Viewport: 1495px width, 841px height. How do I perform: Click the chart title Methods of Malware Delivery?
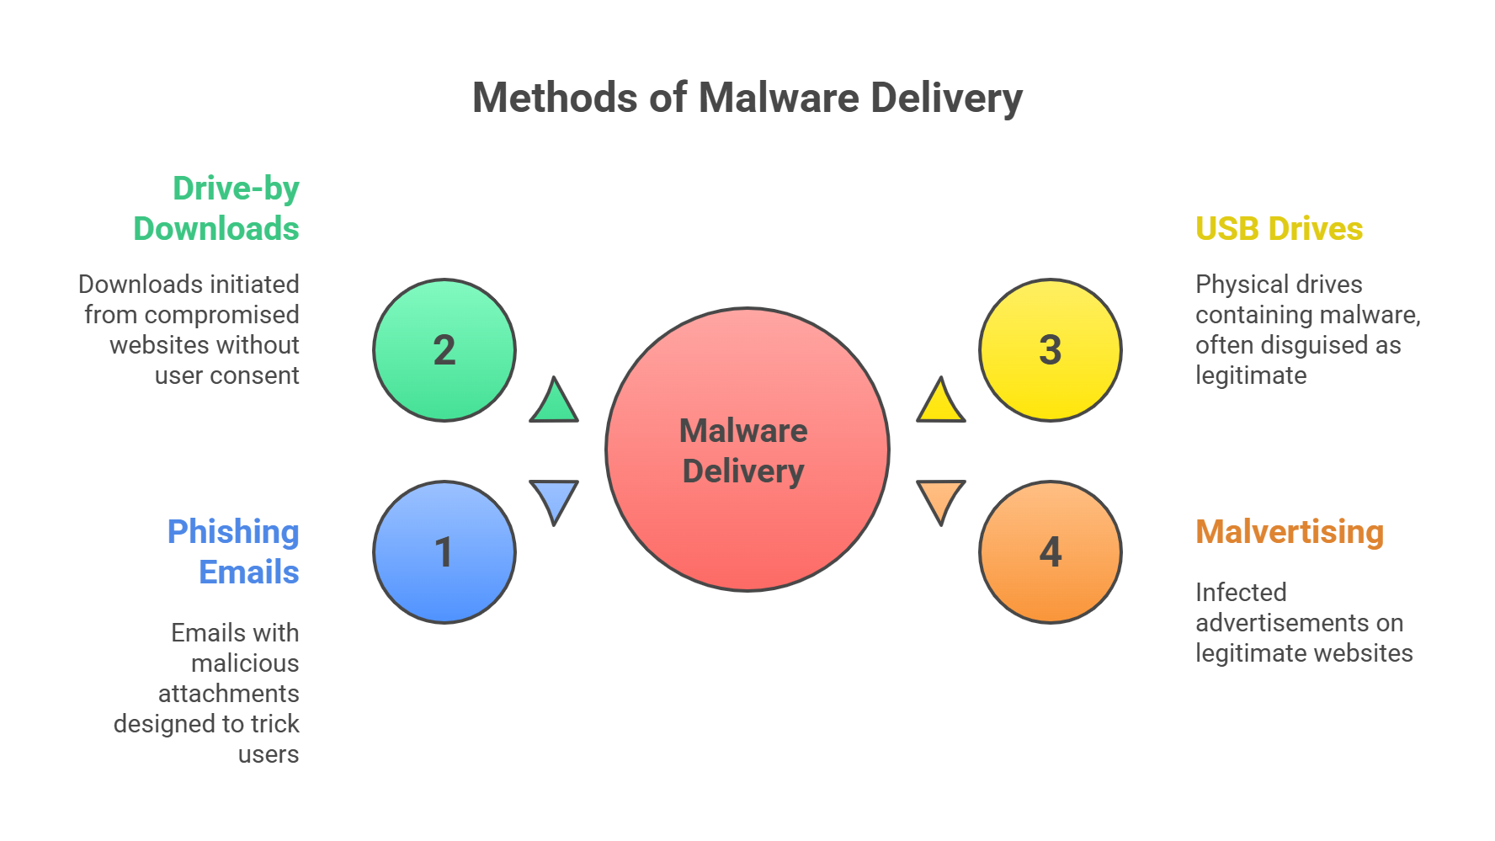point(747,98)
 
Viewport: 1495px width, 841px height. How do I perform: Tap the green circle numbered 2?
point(444,350)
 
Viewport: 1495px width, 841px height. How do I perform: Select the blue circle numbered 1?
point(444,552)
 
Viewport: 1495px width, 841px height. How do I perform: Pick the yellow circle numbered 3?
point(1050,350)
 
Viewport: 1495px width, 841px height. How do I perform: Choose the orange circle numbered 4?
point(1050,552)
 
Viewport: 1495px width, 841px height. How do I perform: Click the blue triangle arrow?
point(554,498)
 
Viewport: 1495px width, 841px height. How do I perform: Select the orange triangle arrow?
point(940,498)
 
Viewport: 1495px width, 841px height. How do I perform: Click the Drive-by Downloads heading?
point(216,209)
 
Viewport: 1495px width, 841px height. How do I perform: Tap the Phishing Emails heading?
point(233,552)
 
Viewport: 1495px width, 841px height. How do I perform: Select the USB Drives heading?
point(1279,229)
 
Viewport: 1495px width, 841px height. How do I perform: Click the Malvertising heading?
point(1290,532)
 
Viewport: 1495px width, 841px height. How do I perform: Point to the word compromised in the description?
point(233,315)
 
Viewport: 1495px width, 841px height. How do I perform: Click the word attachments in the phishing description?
point(229,694)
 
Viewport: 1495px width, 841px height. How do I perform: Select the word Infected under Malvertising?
point(1241,593)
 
